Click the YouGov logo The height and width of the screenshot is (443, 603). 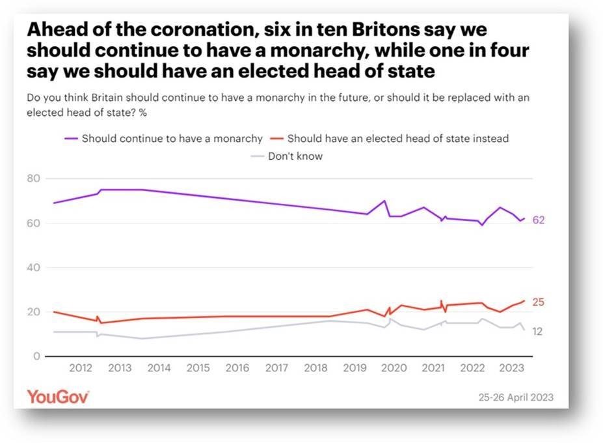click(x=58, y=396)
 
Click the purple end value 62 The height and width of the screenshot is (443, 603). click(x=538, y=220)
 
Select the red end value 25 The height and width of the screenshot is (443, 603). click(x=538, y=302)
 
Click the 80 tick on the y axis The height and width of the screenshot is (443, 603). click(x=33, y=179)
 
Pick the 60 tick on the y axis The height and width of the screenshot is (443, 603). click(x=33, y=223)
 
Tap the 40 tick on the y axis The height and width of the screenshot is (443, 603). click(x=33, y=268)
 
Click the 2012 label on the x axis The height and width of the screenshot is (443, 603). click(x=80, y=368)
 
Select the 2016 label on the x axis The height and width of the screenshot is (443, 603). click(x=237, y=368)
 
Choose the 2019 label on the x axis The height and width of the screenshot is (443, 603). click(x=355, y=368)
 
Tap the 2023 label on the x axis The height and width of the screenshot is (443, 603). click(x=511, y=368)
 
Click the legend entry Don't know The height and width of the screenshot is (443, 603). click(x=295, y=156)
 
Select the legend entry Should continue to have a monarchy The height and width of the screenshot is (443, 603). click(x=172, y=138)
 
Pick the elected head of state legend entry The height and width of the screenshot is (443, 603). click(x=397, y=138)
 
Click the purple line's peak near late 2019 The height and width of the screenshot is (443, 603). click(x=384, y=201)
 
